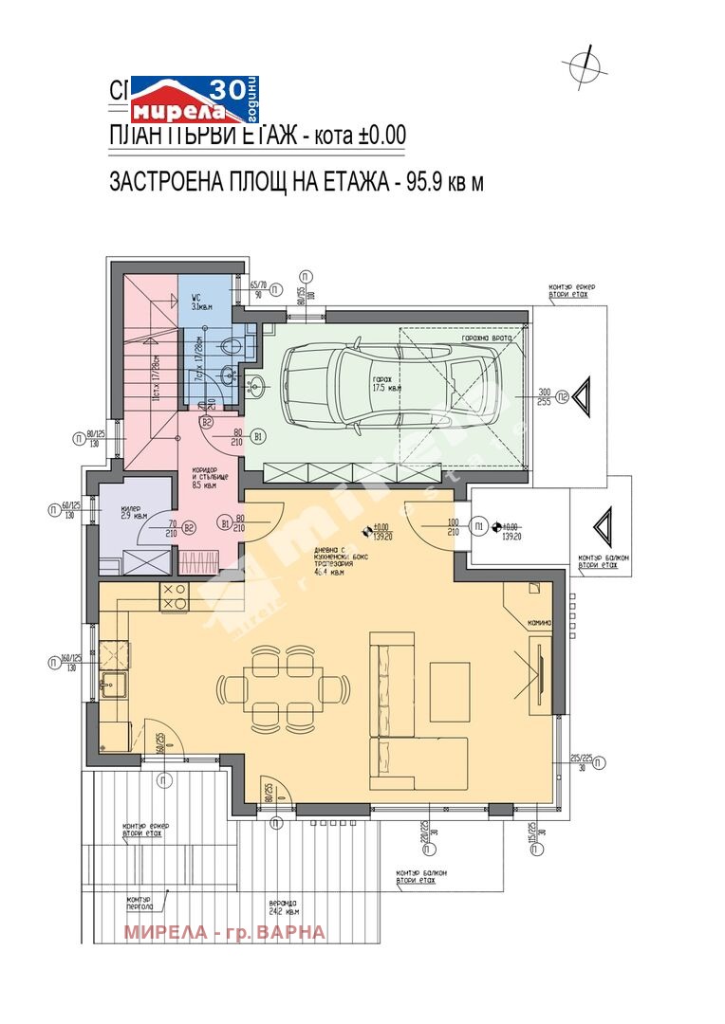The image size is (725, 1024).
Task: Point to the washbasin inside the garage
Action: (258, 385)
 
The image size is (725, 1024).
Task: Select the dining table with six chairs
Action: (288, 690)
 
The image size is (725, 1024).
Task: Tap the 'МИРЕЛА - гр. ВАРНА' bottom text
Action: (224, 932)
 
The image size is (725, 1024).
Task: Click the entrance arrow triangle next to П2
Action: (586, 395)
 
